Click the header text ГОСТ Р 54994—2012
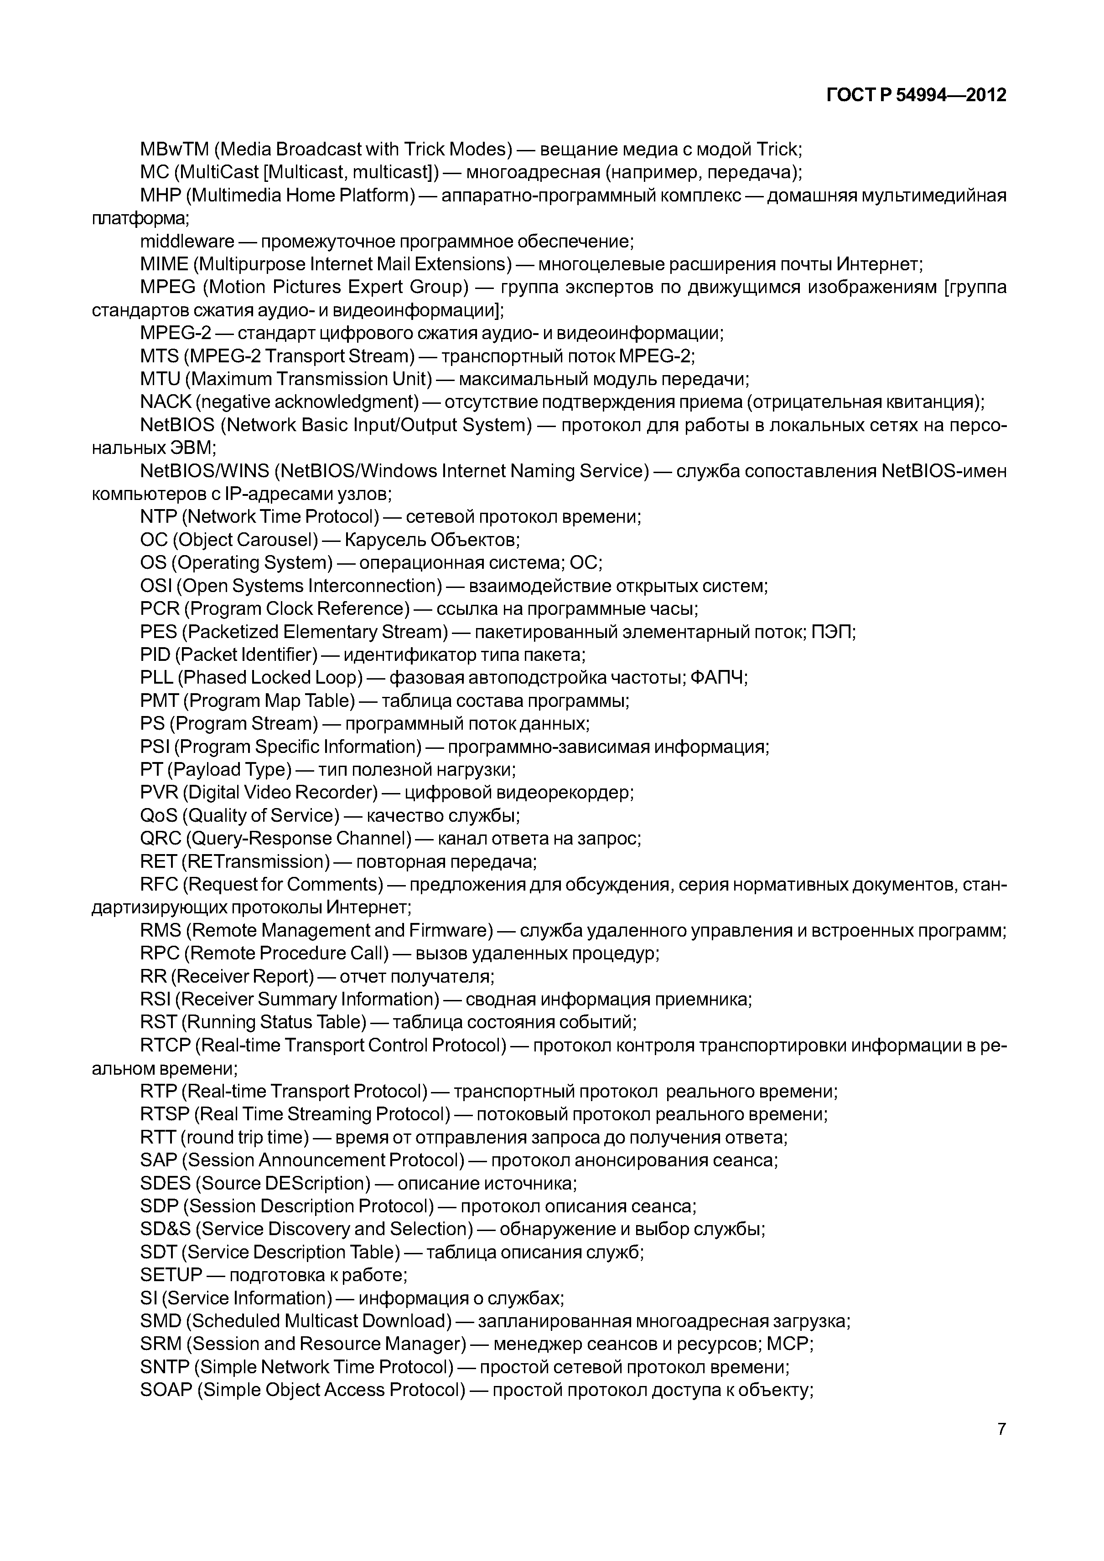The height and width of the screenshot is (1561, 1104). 916,95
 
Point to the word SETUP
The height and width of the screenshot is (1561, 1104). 171,1275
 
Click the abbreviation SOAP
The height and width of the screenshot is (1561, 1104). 166,1391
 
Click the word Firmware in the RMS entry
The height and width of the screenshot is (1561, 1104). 449,930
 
